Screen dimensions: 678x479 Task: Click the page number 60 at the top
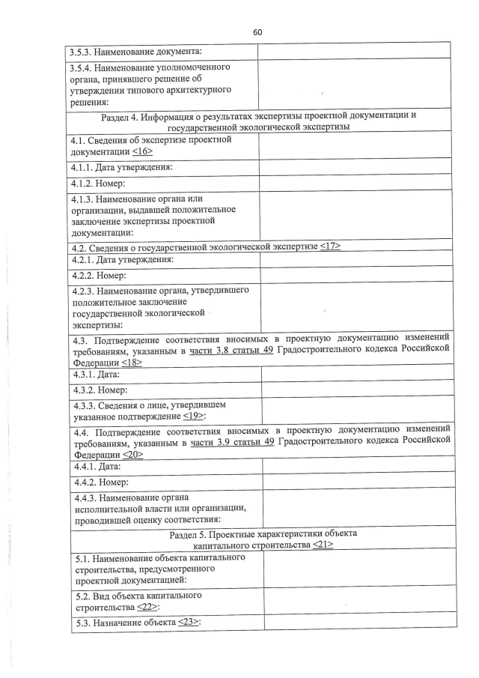pos(257,33)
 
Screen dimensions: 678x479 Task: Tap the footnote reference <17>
pos(329,247)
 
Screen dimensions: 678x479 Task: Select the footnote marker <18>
pos(132,362)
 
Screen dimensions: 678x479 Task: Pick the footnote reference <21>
pos(323,545)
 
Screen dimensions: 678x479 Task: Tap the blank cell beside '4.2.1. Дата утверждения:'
pos(356,260)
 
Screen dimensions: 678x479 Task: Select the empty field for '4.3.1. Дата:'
pos(356,373)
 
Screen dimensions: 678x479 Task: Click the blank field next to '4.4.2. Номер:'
pos(357,482)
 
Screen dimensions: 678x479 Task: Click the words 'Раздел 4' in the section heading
pos(123,115)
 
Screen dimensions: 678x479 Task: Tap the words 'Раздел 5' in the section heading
pos(191,533)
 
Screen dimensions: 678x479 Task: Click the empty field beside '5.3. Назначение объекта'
pos(358,623)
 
